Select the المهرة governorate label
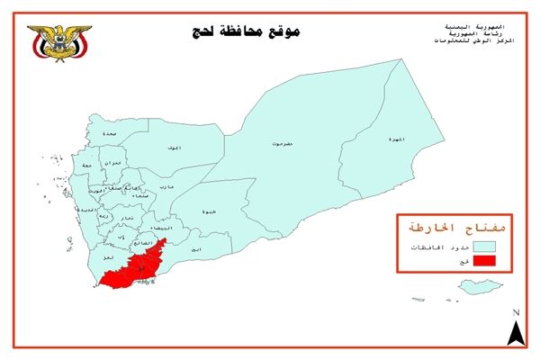coord(396,139)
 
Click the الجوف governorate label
coord(174,147)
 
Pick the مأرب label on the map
coord(166,186)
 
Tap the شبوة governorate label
coord(209,211)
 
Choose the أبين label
coord(196,247)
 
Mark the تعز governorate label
coord(107,257)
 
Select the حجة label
coord(86,166)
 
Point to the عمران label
coord(113,162)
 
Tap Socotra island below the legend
coord(477,287)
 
